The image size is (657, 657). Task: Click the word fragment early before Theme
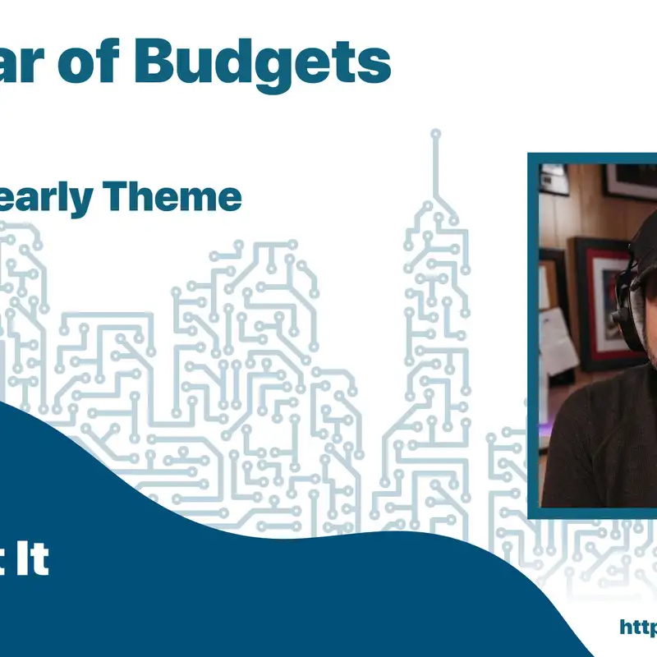click(50, 200)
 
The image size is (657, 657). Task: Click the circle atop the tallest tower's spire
click(435, 133)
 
